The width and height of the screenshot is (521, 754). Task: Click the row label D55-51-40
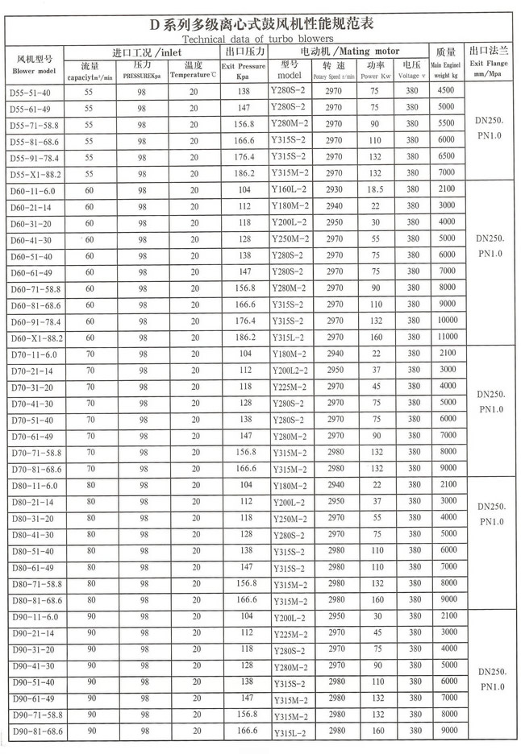click(30, 92)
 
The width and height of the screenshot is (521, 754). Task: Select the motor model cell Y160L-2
click(290, 190)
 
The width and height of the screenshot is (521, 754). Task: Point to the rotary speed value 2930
click(333, 189)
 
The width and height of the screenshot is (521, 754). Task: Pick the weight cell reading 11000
click(446, 338)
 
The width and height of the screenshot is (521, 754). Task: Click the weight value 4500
click(446, 91)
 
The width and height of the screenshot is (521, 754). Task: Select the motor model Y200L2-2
click(291, 371)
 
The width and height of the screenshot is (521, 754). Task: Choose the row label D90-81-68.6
click(36, 731)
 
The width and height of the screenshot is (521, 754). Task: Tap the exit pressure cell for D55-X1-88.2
click(245, 173)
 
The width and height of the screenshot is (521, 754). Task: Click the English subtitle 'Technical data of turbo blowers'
click(257, 38)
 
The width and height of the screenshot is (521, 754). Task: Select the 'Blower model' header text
click(33, 71)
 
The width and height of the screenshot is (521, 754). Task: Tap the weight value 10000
click(446, 321)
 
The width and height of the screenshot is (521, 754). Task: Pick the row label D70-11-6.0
click(33, 354)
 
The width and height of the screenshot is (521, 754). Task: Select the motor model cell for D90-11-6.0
click(290, 618)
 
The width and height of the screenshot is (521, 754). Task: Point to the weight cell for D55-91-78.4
click(446, 156)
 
